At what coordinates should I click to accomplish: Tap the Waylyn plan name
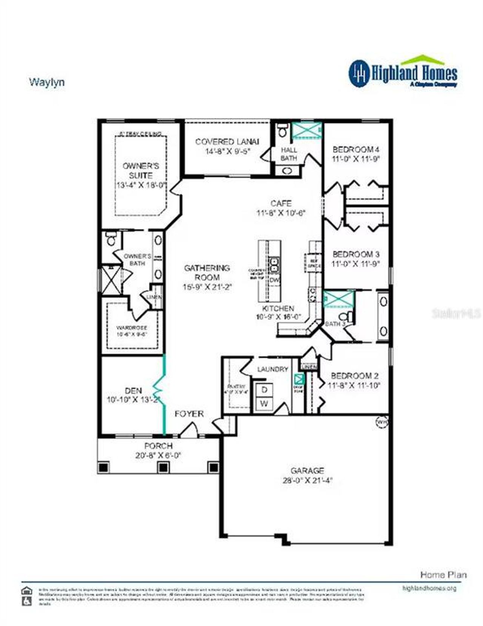47,82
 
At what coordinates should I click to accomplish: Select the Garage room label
307,470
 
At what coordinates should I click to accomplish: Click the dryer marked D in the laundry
264,390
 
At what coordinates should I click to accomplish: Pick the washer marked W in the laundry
264,404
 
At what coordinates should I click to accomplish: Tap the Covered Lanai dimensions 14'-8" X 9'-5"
228,151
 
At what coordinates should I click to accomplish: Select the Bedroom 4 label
355,149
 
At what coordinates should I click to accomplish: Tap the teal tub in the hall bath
306,131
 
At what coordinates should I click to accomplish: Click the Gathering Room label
207,272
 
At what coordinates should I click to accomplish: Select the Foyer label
189,414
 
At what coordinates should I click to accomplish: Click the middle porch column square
163,467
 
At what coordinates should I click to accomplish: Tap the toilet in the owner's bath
111,239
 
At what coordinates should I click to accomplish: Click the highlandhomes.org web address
429,588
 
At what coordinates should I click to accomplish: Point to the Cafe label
281,203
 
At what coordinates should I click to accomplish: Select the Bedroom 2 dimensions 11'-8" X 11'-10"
354,385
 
